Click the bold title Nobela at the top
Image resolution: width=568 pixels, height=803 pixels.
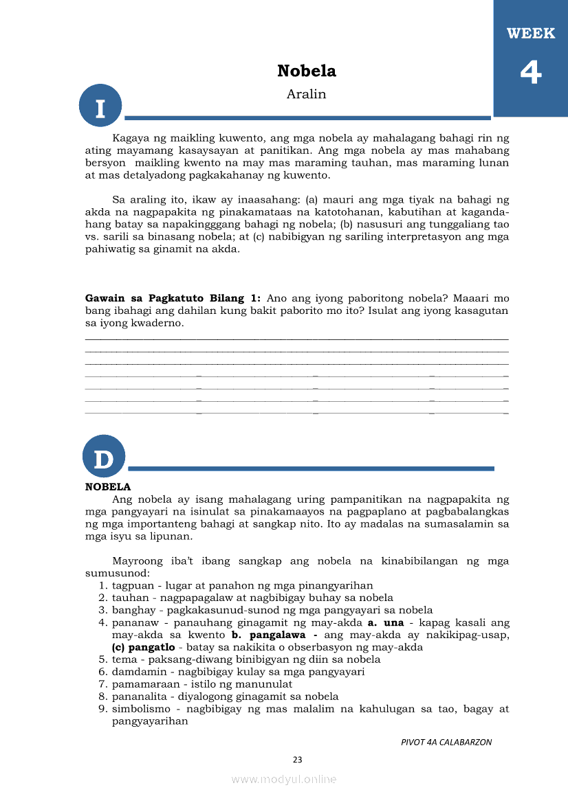click(x=306, y=71)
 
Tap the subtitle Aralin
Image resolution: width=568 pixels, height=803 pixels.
click(x=306, y=94)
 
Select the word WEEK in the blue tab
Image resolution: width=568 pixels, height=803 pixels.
click(x=530, y=34)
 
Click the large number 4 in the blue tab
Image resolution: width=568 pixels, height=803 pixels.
click(x=530, y=72)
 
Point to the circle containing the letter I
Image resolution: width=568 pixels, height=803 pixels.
click(x=100, y=106)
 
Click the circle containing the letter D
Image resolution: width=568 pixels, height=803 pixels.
click(x=104, y=457)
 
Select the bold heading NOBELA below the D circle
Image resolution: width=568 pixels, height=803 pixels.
click(x=108, y=487)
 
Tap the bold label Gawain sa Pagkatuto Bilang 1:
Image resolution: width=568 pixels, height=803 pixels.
click(x=173, y=298)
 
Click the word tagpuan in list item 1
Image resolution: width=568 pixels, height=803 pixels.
click(x=131, y=585)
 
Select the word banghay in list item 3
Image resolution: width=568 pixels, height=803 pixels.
click(x=133, y=610)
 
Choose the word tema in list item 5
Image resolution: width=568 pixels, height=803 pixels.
click(x=124, y=659)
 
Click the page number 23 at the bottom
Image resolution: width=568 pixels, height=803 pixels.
click(x=297, y=760)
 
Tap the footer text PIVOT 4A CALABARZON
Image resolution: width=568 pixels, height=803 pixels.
click(x=446, y=742)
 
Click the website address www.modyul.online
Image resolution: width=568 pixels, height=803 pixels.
click(x=284, y=779)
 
